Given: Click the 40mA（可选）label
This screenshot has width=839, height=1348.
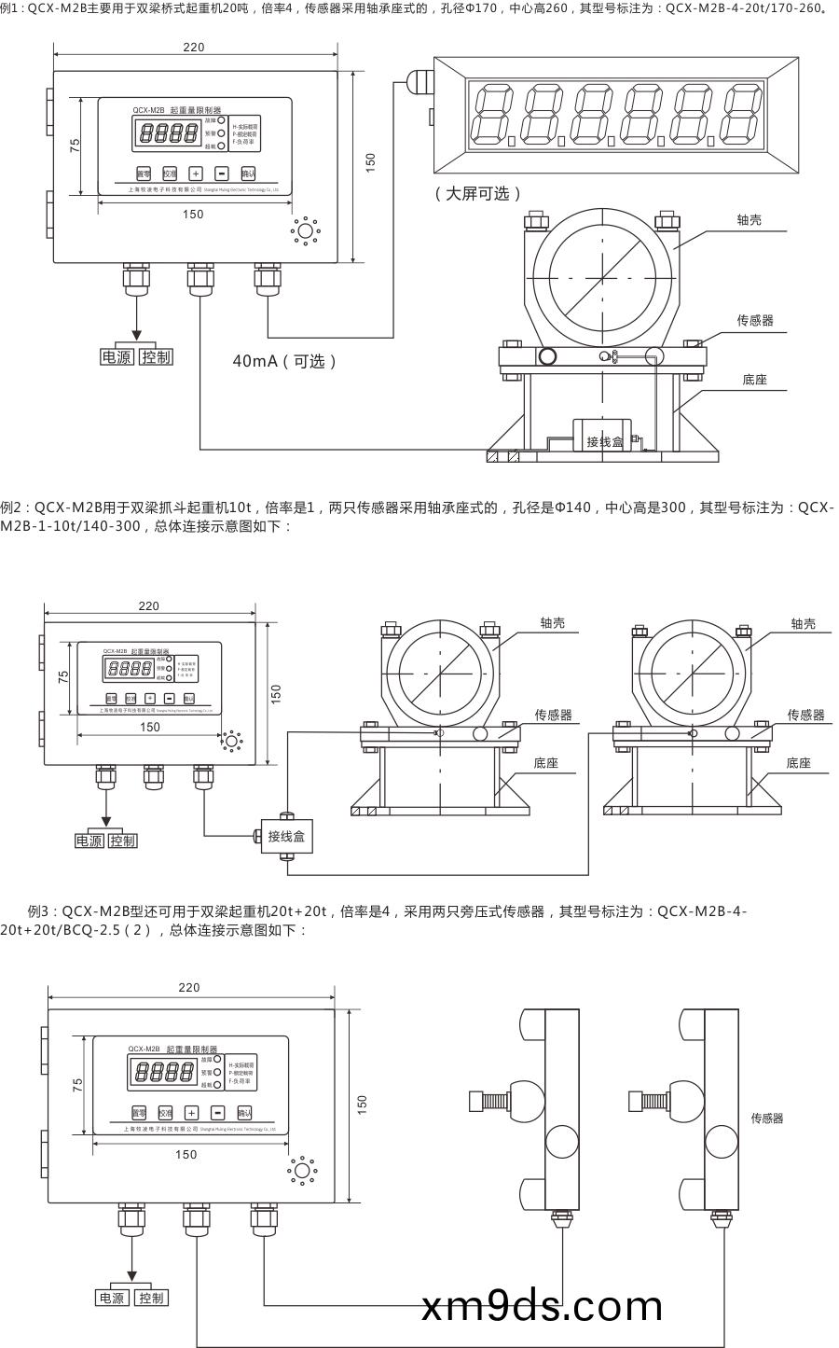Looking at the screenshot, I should [284, 361].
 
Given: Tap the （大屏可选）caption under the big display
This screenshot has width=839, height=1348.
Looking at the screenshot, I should [477, 193].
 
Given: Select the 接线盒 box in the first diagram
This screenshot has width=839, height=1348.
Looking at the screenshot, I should [604, 439].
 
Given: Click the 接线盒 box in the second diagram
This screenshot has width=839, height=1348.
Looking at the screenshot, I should [286, 836].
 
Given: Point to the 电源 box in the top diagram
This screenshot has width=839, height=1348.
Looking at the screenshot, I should [117, 357].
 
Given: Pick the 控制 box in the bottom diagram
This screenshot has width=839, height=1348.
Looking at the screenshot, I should [150, 1298].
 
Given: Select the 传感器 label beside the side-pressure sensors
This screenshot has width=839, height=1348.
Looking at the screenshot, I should [766, 1118].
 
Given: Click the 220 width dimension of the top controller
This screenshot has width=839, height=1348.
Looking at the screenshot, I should [193, 48].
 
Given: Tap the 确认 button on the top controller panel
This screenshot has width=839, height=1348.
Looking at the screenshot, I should [248, 173].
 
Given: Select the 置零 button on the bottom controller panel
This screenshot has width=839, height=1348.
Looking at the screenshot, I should [138, 1112].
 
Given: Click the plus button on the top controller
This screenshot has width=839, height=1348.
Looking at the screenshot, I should [196, 173].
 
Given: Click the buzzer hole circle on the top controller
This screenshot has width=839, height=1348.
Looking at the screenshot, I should [305, 230].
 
